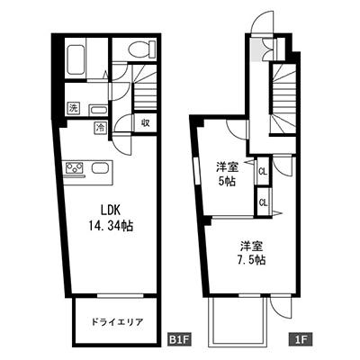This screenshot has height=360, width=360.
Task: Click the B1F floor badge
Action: pyautogui.click(x=179, y=339)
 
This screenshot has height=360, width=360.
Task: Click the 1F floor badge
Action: pyautogui.click(x=300, y=339)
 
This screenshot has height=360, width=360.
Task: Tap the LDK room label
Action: pyautogui.click(x=111, y=211)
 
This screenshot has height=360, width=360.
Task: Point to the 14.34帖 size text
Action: pyautogui.click(x=111, y=226)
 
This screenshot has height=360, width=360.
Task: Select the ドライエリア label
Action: pyautogui.click(x=117, y=322)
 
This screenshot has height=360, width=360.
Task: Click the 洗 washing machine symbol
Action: pyautogui.click(x=73, y=108)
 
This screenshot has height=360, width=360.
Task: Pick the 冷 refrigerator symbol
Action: pyautogui.click(x=101, y=127)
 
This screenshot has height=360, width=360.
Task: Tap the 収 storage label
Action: pyautogui.click(x=146, y=122)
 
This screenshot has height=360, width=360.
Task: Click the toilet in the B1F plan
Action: pyautogui.click(x=142, y=48)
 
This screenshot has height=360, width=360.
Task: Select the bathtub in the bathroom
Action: pyautogui.click(x=76, y=60)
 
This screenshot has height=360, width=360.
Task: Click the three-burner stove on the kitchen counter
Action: pyautogui.click(x=74, y=167)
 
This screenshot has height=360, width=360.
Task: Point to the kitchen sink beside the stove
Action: pyautogui.click(x=100, y=167)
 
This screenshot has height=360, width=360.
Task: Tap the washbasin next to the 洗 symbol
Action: pyautogui.click(x=98, y=110)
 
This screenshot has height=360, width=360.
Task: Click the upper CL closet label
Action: pyautogui.click(x=263, y=172)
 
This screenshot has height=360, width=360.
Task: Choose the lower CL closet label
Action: pyautogui.click(x=263, y=202)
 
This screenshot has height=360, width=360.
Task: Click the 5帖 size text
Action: pyautogui.click(x=227, y=182)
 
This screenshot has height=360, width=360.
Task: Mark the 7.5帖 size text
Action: pyautogui.click(x=251, y=260)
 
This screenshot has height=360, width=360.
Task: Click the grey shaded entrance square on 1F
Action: pyautogui.click(x=256, y=49)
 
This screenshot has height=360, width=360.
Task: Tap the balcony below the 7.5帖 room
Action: pyautogui.click(x=237, y=321)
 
